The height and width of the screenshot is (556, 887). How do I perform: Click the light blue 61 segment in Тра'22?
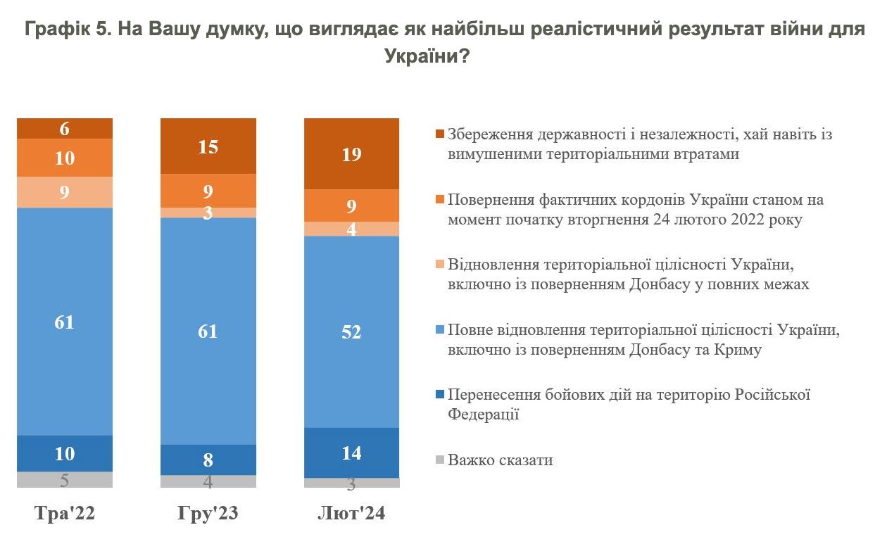click(x=65, y=322)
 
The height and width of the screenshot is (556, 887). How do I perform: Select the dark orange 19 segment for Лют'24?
click(x=351, y=154)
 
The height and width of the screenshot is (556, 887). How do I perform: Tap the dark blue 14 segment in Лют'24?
click(x=351, y=453)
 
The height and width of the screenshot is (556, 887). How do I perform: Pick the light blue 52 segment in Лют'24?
click(x=351, y=331)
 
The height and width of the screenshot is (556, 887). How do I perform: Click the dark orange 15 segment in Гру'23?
click(x=208, y=146)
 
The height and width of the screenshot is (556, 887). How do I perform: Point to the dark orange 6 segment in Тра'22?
click(x=65, y=129)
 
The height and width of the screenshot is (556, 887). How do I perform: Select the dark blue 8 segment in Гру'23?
click(x=208, y=460)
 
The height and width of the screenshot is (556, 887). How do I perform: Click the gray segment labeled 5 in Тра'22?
click(x=65, y=480)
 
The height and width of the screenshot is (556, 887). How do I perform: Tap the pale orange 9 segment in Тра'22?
click(x=65, y=192)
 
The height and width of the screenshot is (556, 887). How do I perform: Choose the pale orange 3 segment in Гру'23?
click(x=208, y=213)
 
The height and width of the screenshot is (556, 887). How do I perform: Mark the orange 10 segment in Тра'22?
click(x=65, y=158)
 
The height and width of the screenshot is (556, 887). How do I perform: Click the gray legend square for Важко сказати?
click(x=440, y=460)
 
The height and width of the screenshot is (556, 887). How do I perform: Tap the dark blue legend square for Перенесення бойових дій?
click(x=440, y=395)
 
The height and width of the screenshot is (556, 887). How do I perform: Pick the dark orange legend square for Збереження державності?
click(x=440, y=134)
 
